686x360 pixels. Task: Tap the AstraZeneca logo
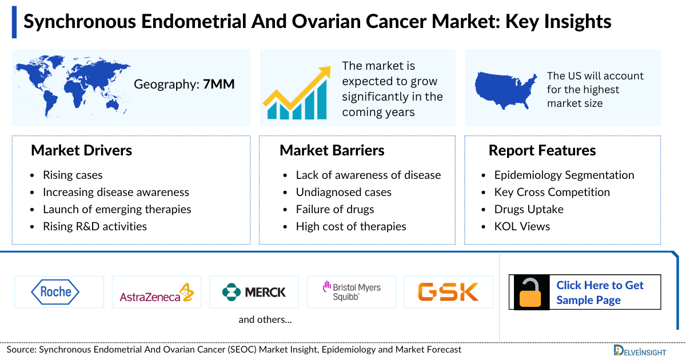coord(156,293)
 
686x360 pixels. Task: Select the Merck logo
coord(254,293)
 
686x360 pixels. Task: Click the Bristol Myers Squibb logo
coord(351,292)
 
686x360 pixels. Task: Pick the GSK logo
coord(448,292)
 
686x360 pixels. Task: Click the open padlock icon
coord(532,293)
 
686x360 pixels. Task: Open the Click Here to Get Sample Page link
coord(600,293)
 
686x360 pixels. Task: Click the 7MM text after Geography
coord(219,85)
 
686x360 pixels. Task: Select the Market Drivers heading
coord(81,150)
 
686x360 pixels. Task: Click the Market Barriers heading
coord(332,150)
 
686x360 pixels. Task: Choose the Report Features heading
coord(542,150)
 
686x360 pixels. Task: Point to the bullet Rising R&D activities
coord(94,226)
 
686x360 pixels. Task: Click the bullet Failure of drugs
coord(334,209)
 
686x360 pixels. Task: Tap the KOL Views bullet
coord(522,226)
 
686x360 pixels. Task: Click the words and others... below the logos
coord(265,319)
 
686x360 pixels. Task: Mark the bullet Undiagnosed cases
coord(343,192)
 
